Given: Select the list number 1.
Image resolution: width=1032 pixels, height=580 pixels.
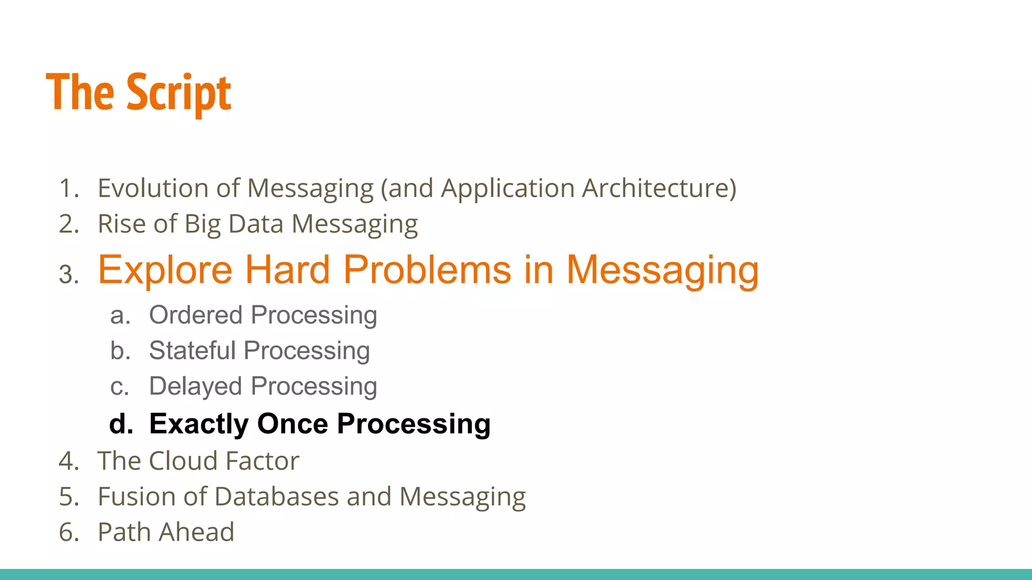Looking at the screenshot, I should (x=69, y=188).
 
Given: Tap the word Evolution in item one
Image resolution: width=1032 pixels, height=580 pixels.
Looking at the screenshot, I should (x=153, y=188).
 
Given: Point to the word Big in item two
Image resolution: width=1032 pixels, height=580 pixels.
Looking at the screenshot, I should (x=202, y=224).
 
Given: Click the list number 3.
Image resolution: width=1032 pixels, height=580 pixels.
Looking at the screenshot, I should (x=69, y=275).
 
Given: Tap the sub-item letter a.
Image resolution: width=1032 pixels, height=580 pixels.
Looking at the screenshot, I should (x=120, y=316).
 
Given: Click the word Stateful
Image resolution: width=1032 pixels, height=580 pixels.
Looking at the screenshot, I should (x=192, y=351).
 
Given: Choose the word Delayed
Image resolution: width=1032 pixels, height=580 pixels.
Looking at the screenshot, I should (x=196, y=387).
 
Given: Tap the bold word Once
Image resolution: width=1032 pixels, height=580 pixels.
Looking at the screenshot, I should (x=293, y=424).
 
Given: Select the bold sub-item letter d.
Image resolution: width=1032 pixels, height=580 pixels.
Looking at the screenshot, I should (x=121, y=424).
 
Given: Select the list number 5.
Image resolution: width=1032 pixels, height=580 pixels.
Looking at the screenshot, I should (x=69, y=497).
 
